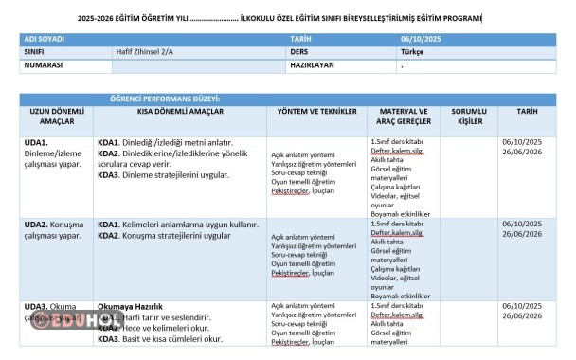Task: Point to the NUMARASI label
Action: [x=43, y=66]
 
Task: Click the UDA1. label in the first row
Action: [x=36, y=141]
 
